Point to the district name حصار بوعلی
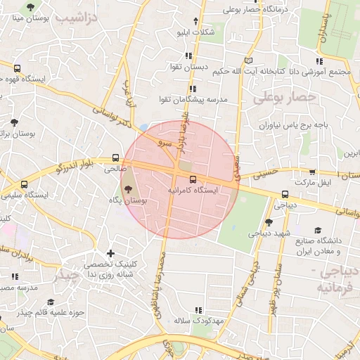pos(285,98)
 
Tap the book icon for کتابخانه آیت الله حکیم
pos(247,60)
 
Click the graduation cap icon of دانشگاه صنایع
pos(318,230)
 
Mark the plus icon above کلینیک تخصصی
pos(110,253)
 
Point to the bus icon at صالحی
pos(116,158)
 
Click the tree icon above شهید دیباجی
pos(268,222)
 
